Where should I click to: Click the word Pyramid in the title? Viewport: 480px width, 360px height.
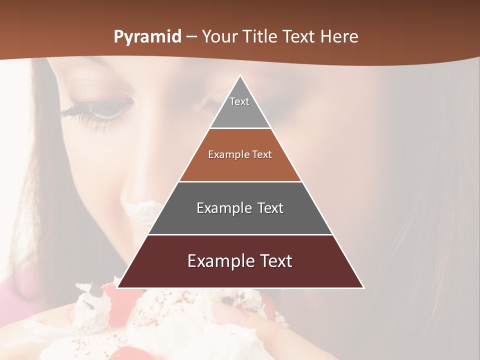[x=147, y=37]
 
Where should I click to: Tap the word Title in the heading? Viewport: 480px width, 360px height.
[x=263, y=37]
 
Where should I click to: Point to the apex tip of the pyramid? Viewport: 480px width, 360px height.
[x=240, y=76]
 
